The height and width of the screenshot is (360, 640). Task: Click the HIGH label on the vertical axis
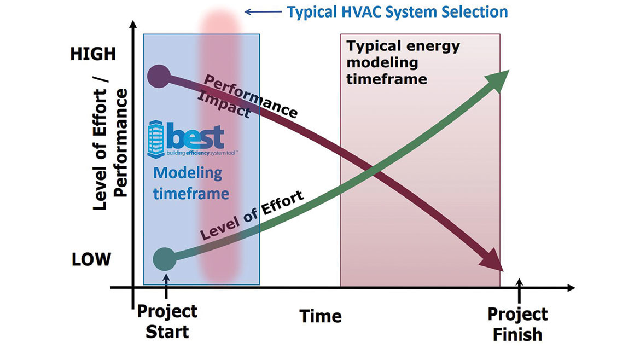tap(93, 54)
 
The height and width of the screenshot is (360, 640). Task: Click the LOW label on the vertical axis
tap(91, 259)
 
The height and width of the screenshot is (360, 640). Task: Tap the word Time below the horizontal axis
tap(321, 316)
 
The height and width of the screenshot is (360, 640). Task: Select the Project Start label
tap(167, 321)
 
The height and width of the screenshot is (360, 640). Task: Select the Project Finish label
tap(517, 324)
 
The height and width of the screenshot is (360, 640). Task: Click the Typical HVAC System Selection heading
tap(398, 11)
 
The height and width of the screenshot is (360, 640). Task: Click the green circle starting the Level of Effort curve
tap(164, 257)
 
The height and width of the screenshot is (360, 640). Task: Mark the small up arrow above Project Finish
tap(520, 288)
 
